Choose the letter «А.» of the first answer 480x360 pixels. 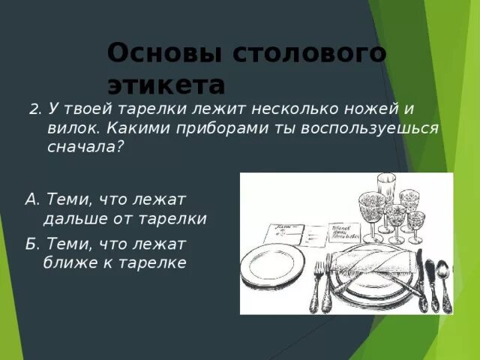[32, 199]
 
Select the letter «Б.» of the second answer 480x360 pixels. [32, 244]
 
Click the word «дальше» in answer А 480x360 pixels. [76, 219]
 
